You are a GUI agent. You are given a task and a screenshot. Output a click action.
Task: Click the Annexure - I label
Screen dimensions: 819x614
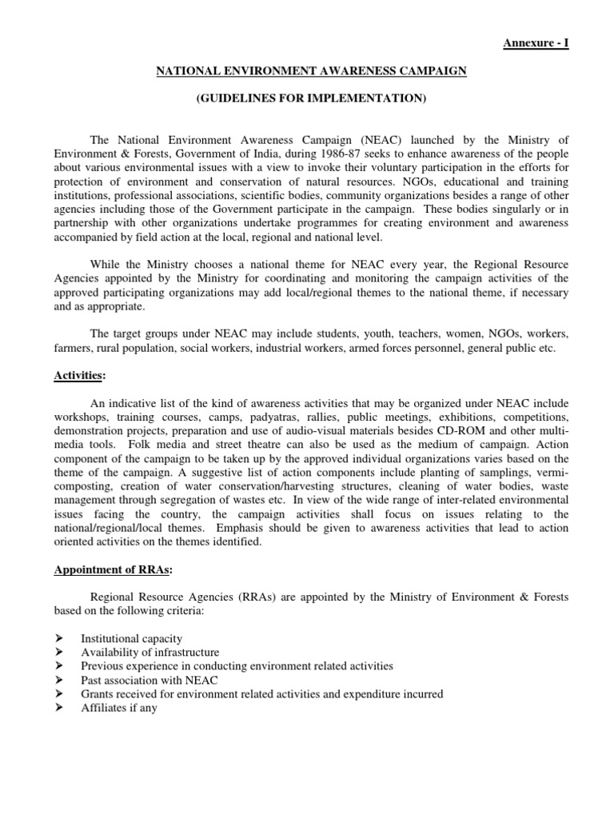pyautogui.click(x=536, y=43)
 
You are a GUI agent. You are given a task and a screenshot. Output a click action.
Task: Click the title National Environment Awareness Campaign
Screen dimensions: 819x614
pyautogui.click(x=311, y=71)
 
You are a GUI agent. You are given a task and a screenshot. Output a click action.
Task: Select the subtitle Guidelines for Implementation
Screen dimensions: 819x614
pyautogui.click(x=311, y=98)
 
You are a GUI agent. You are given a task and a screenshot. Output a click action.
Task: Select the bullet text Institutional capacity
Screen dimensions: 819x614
pyautogui.click(x=131, y=639)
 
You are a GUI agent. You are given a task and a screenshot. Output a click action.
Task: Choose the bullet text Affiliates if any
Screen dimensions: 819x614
pyautogui.click(x=118, y=708)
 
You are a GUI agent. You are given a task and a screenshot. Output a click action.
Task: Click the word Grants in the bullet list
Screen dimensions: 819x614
pyautogui.click(x=97, y=694)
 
